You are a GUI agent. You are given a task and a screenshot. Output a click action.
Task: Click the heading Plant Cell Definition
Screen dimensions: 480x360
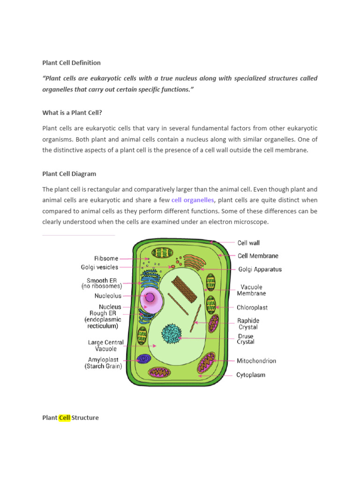(x=71, y=62)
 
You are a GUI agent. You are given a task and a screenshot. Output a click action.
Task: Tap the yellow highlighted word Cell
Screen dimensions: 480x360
(x=64, y=417)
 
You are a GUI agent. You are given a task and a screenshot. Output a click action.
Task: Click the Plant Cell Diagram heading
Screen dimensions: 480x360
(x=69, y=173)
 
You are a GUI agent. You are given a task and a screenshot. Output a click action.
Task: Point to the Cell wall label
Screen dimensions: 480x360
(x=248, y=243)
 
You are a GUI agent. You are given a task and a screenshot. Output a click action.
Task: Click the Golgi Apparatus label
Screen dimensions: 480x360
(x=260, y=270)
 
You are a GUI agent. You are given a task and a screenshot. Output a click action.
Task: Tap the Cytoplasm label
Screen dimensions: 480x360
(x=251, y=375)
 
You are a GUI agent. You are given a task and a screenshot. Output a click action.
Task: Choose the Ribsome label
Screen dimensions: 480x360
(x=106, y=258)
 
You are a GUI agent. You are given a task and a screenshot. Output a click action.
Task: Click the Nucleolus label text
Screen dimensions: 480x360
(x=108, y=296)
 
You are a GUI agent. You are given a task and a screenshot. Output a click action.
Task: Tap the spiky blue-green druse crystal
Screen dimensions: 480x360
(x=171, y=333)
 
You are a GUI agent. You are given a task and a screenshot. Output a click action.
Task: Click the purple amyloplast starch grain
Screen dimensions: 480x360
(x=143, y=359)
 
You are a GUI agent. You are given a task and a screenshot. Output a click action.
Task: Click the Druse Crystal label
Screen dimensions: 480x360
(x=246, y=339)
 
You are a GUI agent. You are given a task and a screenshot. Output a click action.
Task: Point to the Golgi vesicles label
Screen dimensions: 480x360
(x=99, y=267)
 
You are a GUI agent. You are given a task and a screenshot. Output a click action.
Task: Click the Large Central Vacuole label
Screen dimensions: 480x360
(x=106, y=345)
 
